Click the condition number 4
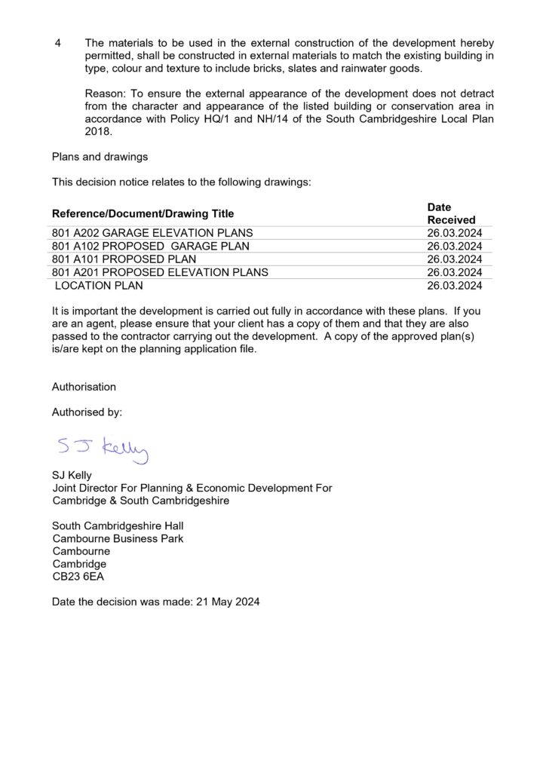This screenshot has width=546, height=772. coord(58,43)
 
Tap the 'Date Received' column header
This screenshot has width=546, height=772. coord(451,213)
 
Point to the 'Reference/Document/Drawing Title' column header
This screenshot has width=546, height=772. coord(143,213)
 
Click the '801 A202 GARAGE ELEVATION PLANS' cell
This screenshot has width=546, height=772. coord(152,233)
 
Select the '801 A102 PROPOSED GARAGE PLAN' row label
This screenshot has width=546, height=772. coord(151,246)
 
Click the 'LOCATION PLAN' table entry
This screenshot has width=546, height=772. coord(99,286)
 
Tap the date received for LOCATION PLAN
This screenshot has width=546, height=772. coord(454,286)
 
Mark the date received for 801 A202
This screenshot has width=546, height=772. coord(454,233)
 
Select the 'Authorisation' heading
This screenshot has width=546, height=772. coord(84,387)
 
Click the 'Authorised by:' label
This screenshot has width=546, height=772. coord(87,412)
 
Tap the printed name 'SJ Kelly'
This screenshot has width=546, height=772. coord(72,476)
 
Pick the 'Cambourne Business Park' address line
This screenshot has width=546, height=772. coord(118,538)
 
